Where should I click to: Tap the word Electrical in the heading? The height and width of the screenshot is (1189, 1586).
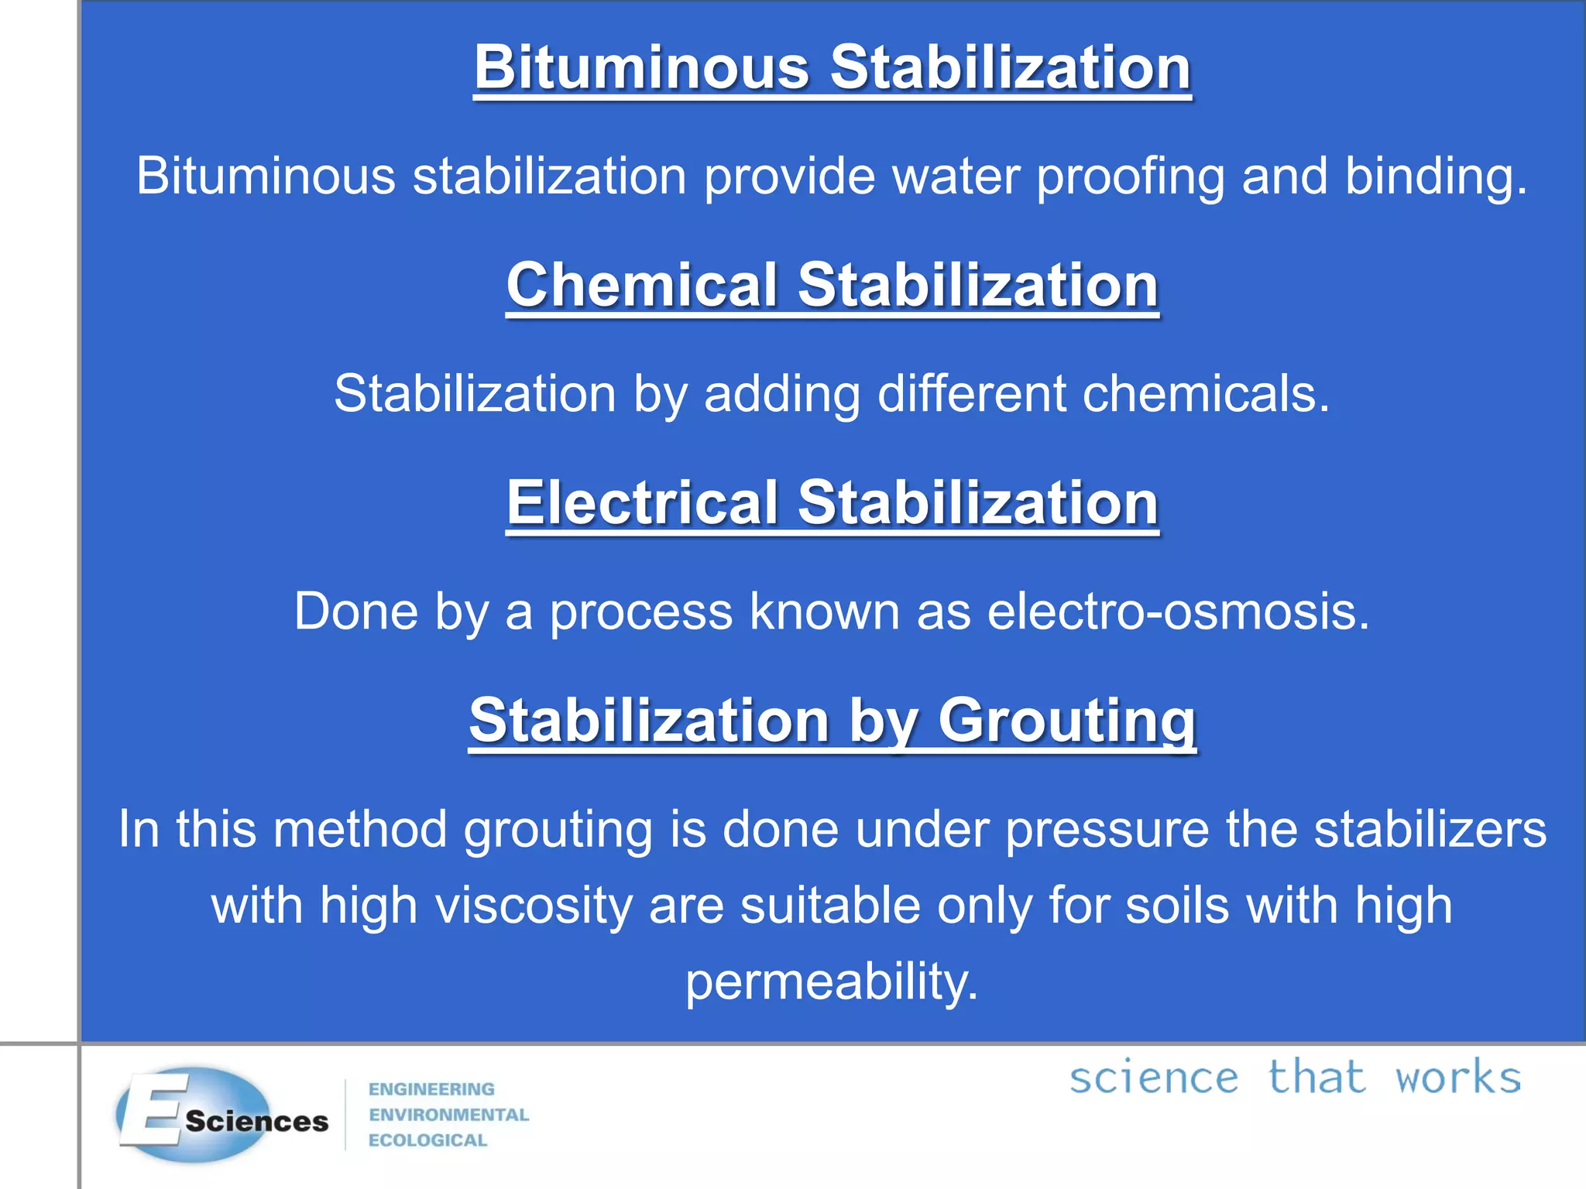(642, 502)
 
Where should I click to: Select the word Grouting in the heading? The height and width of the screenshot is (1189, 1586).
(1067, 721)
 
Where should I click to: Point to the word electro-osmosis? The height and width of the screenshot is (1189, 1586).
(1178, 612)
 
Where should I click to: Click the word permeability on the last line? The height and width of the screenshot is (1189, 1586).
(832, 982)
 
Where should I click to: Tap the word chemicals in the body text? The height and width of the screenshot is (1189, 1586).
(1206, 394)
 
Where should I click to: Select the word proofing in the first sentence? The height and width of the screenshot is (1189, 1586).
(1131, 176)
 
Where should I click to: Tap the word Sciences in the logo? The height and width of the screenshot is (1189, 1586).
(256, 1122)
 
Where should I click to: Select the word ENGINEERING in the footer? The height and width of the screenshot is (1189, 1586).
(431, 1089)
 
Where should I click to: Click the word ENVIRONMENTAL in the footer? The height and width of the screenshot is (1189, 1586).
(448, 1115)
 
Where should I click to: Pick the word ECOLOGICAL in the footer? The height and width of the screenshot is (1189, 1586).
(427, 1140)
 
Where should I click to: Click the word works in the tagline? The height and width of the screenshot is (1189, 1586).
(1458, 1078)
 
